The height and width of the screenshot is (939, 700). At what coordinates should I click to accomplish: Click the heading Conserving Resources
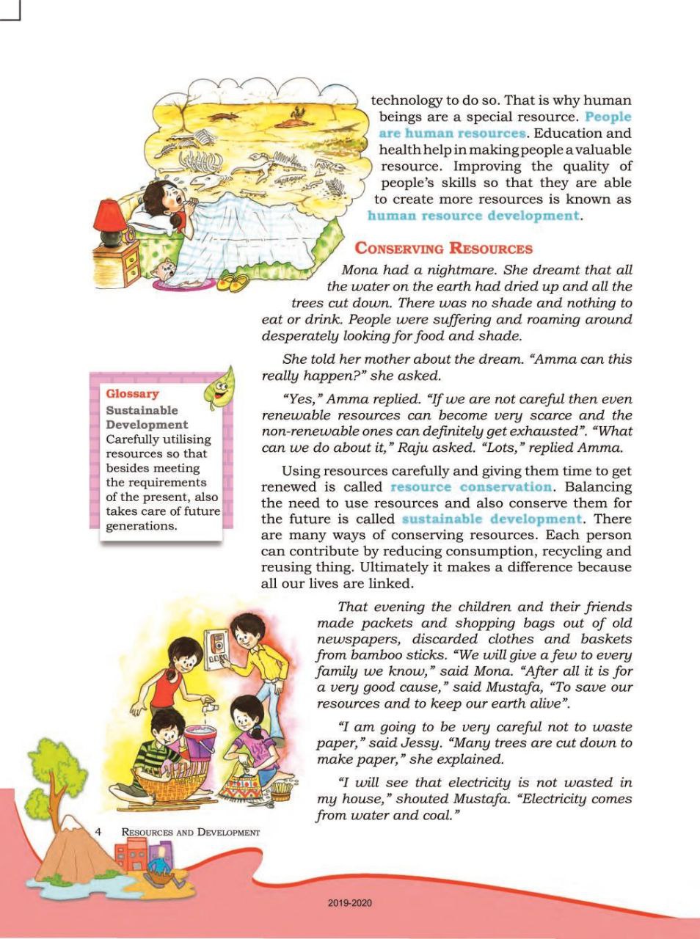443,248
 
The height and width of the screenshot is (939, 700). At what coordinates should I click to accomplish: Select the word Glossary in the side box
132,394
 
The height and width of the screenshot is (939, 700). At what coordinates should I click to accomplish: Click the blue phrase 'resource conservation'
471,486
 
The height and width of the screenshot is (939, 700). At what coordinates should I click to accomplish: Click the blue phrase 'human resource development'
473,216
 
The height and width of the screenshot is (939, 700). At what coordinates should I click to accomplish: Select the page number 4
98,831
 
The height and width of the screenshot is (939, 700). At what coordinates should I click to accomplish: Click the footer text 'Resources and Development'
191,832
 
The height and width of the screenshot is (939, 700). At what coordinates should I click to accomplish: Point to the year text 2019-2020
350,902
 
